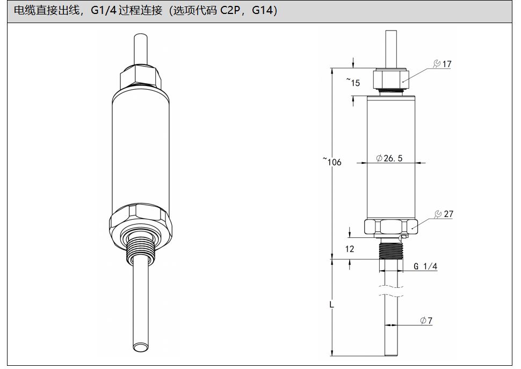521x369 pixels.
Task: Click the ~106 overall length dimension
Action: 332,162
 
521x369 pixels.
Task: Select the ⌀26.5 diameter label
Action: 389,158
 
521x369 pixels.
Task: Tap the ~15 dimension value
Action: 353,82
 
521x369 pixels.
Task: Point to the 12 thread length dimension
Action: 350,249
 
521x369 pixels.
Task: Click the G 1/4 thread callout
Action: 425,266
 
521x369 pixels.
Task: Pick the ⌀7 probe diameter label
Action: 426,321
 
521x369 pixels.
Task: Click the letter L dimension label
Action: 331,304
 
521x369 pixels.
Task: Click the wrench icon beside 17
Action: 437,64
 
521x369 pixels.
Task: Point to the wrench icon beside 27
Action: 438,214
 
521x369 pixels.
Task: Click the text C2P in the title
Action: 230,10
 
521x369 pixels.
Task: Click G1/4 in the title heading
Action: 103,10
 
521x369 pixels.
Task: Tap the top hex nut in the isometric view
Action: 141,76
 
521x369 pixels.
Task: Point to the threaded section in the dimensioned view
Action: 391,250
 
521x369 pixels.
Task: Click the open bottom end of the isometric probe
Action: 141,347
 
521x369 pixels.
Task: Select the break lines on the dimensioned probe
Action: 391,291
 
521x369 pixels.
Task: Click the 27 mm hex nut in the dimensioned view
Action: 391,227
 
